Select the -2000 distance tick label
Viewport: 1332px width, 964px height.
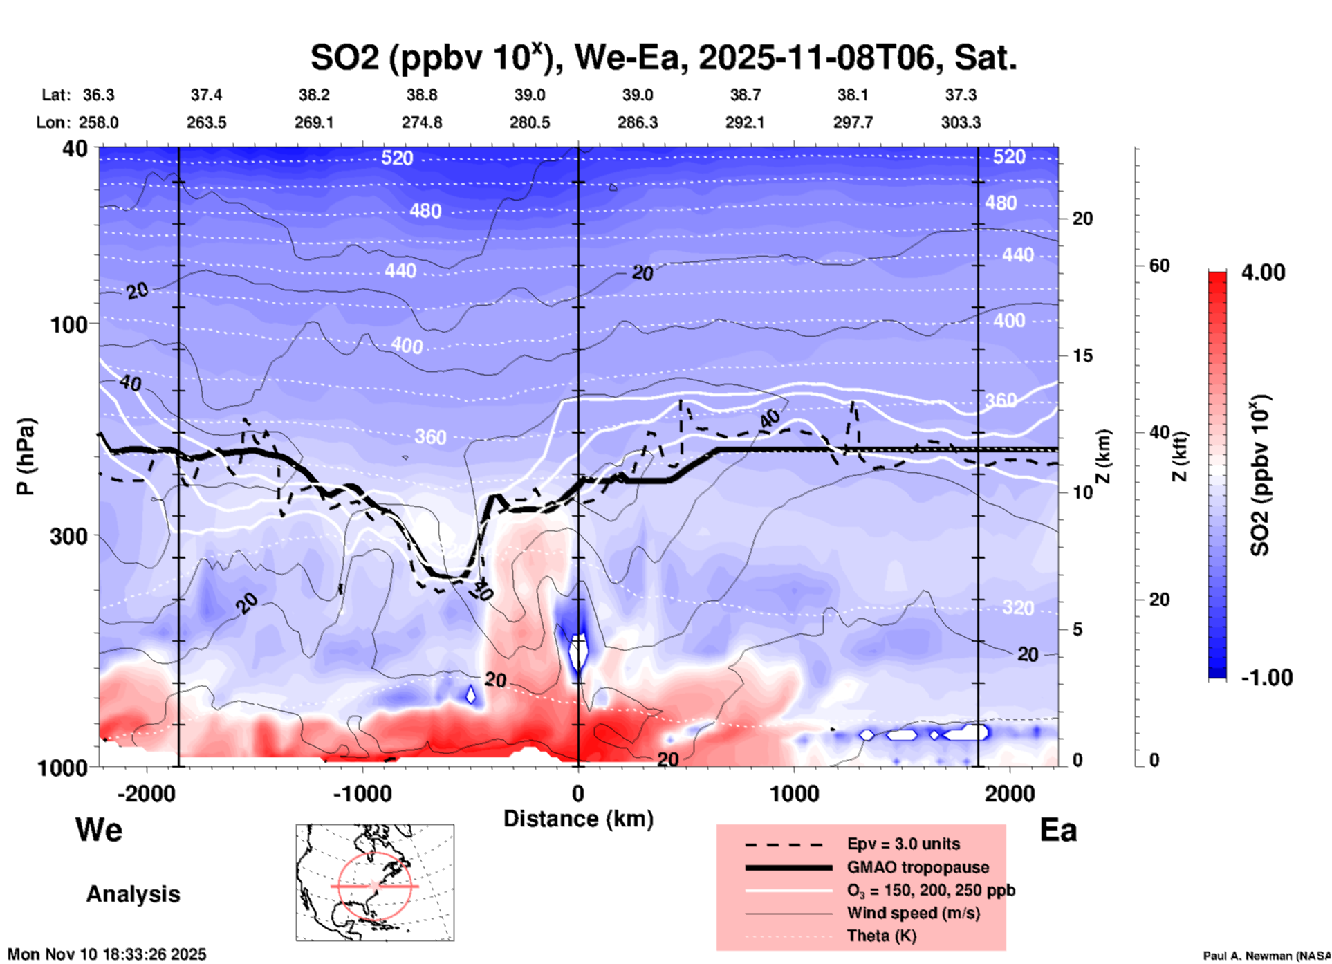pos(146,793)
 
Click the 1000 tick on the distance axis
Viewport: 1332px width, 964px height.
pos(794,793)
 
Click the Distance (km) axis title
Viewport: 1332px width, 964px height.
pos(578,819)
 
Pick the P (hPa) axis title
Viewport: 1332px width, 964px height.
pos(25,456)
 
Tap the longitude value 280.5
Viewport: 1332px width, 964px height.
pos(530,122)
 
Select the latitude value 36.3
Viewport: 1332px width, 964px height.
pos(99,95)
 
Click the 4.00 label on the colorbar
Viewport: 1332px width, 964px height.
pos(1263,272)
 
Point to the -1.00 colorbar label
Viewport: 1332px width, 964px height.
pos(1266,678)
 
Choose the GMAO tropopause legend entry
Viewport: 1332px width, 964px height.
pos(918,867)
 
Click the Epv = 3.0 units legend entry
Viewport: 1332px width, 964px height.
pos(903,844)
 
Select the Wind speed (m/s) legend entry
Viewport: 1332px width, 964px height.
pos(913,913)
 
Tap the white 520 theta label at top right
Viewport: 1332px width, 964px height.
pos(1009,157)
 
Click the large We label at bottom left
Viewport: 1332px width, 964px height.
pos(99,830)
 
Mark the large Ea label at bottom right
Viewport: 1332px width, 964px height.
pos(1058,830)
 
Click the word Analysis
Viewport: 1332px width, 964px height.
pos(133,894)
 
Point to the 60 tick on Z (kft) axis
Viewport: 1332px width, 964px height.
pos(1159,266)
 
